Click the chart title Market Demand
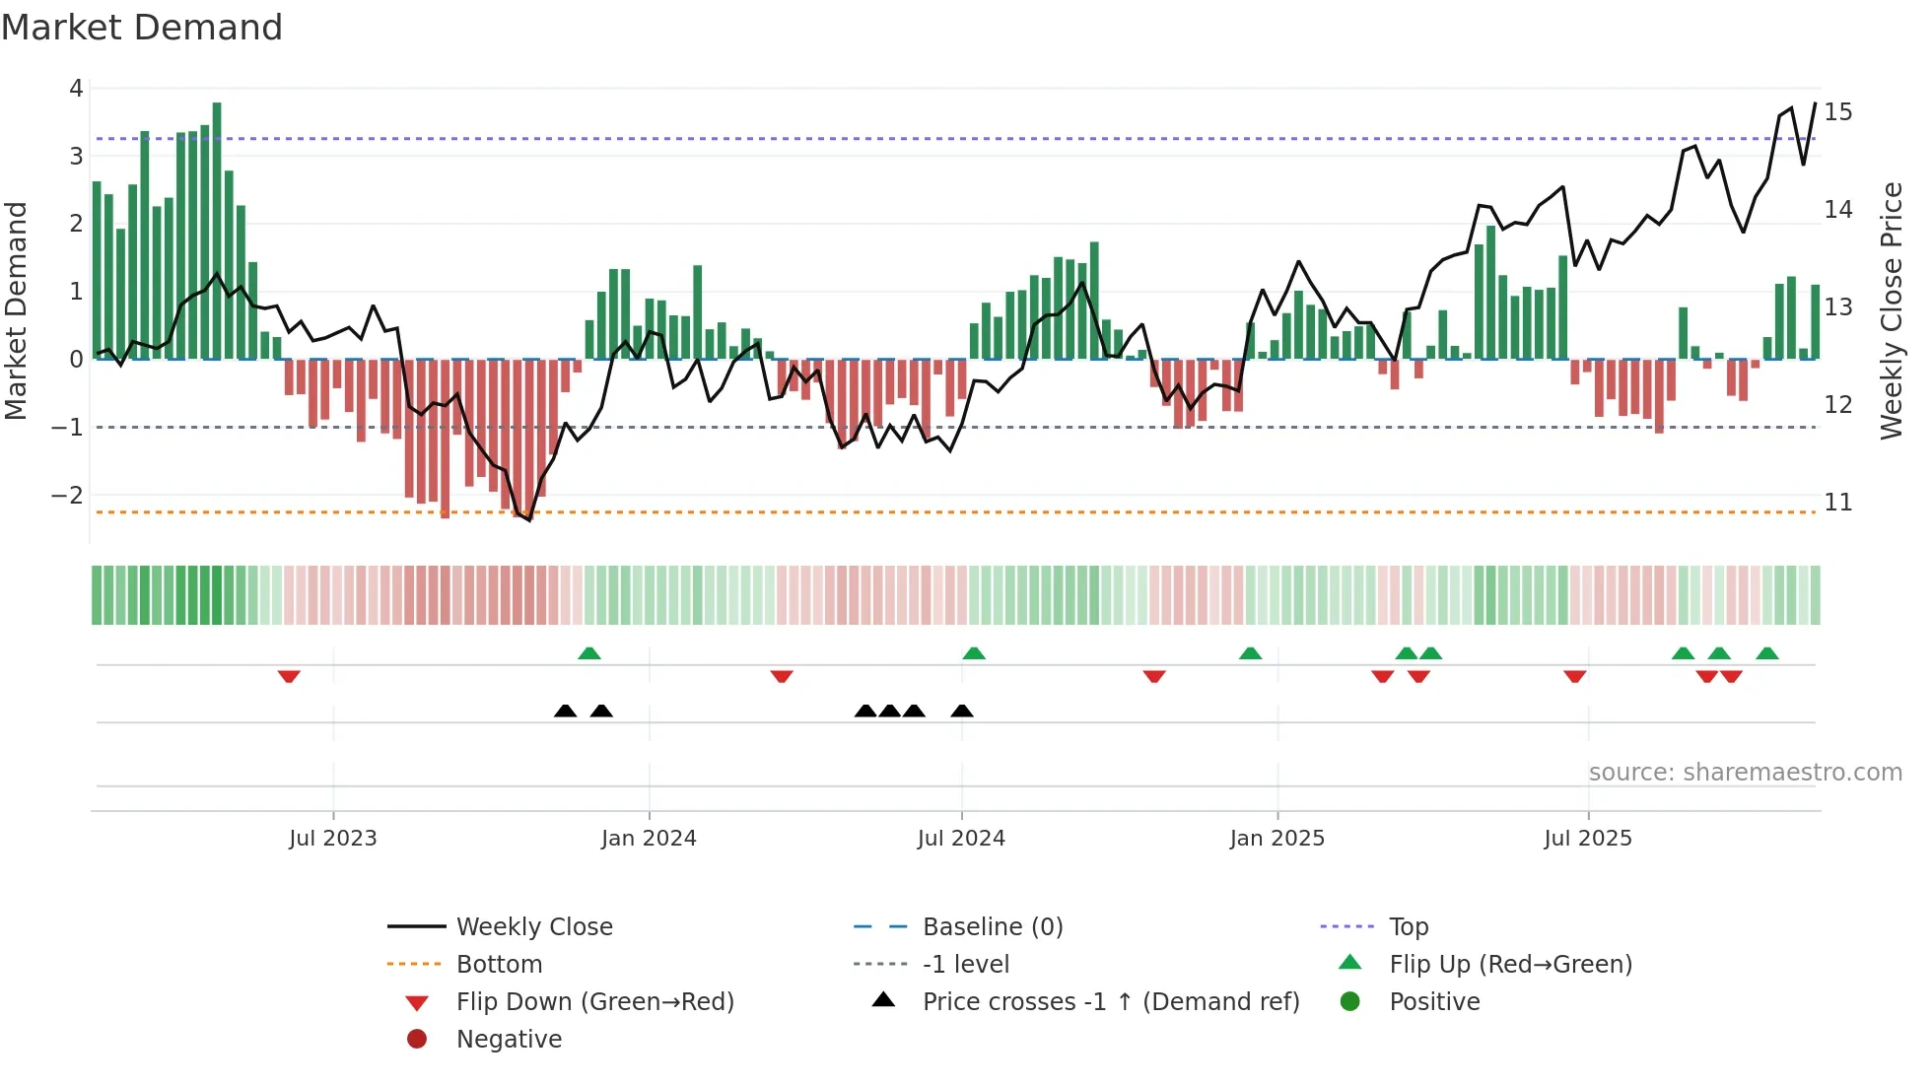click(x=142, y=28)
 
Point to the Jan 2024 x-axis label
click(x=649, y=839)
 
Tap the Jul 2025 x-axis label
click(x=1587, y=839)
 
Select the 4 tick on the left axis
click(x=76, y=89)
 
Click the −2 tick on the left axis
click(x=68, y=496)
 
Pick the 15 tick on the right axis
click(x=1837, y=112)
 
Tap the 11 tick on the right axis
click(x=1837, y=503)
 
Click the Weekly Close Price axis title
click(x=1891, y=310)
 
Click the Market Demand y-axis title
click(x=17, y=310)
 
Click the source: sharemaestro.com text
click(x=1745, y=773)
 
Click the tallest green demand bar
click(x=217, y=231)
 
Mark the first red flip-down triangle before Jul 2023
click(x=289, y=677)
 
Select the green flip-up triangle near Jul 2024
click(x=974, y=653)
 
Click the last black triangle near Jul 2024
click(x=962, y=712)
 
